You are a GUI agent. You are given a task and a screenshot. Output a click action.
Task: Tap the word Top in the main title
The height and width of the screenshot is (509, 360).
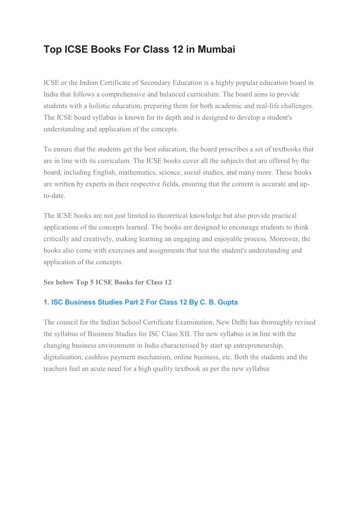click(52, 49)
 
